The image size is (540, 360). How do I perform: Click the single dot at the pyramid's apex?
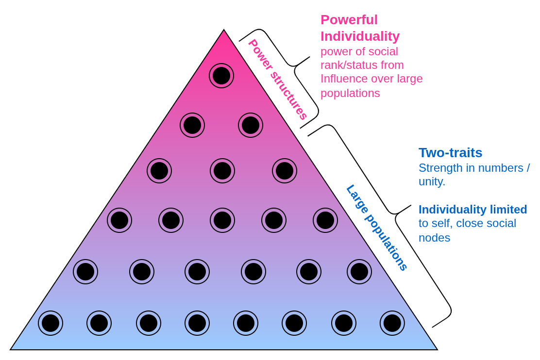[x=221, y=76]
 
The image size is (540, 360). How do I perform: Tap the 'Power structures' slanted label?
[x=278, y=80]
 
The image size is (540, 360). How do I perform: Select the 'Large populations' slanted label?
[x=377, y=227]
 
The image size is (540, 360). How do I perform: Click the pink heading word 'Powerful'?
[x=349, y=20]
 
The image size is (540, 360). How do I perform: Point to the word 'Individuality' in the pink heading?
[x=360, y=36]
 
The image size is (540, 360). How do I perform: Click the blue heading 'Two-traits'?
[x=450, y=153]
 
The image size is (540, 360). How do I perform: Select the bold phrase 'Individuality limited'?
[x=472, y=210]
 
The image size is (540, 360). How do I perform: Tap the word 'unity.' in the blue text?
[x=432, y=181]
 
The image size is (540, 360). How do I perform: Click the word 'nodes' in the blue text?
[x=434, y=238]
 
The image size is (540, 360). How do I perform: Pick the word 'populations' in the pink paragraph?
[x=350, y=93]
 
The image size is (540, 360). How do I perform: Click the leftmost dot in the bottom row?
[x=51, y=323]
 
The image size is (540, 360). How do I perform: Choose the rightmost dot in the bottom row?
[x=392, y=323]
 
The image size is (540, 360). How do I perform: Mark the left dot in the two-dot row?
[x=192, y=125]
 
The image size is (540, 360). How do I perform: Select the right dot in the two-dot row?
[x=251, y=125]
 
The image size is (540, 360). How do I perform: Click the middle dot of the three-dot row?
[x=222, y=171]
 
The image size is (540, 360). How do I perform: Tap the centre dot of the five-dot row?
[x=222, y=220]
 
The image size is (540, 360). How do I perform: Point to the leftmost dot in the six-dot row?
[x=85, y=272]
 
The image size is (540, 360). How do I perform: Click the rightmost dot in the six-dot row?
[x=359, y=272]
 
